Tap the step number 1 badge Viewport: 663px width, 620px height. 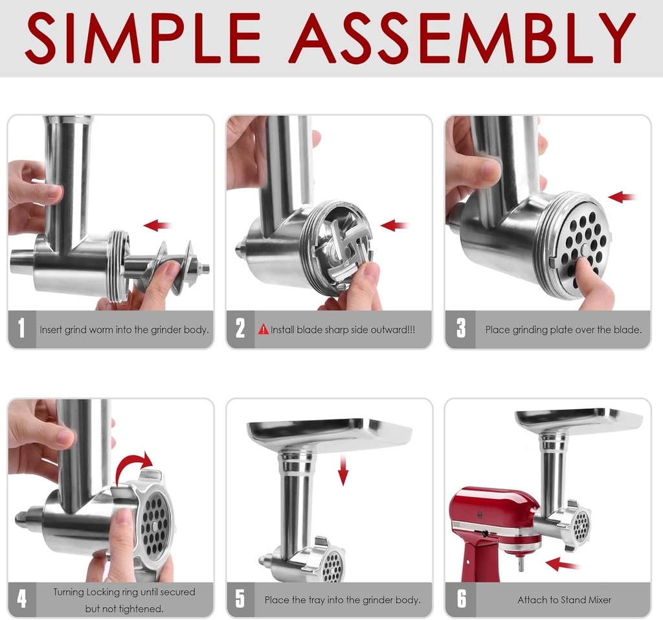(22, 329)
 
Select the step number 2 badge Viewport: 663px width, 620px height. (240, 329)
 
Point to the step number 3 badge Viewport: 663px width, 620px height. (460, 329)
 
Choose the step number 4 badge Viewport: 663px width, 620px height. (22, 599)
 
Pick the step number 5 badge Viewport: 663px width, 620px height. (240, 599)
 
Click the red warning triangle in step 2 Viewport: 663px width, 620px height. (264, 329)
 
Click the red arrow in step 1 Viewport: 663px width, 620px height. (157, 225)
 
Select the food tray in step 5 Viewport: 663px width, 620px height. (330, 434)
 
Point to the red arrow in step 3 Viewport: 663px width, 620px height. (623, 196)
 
